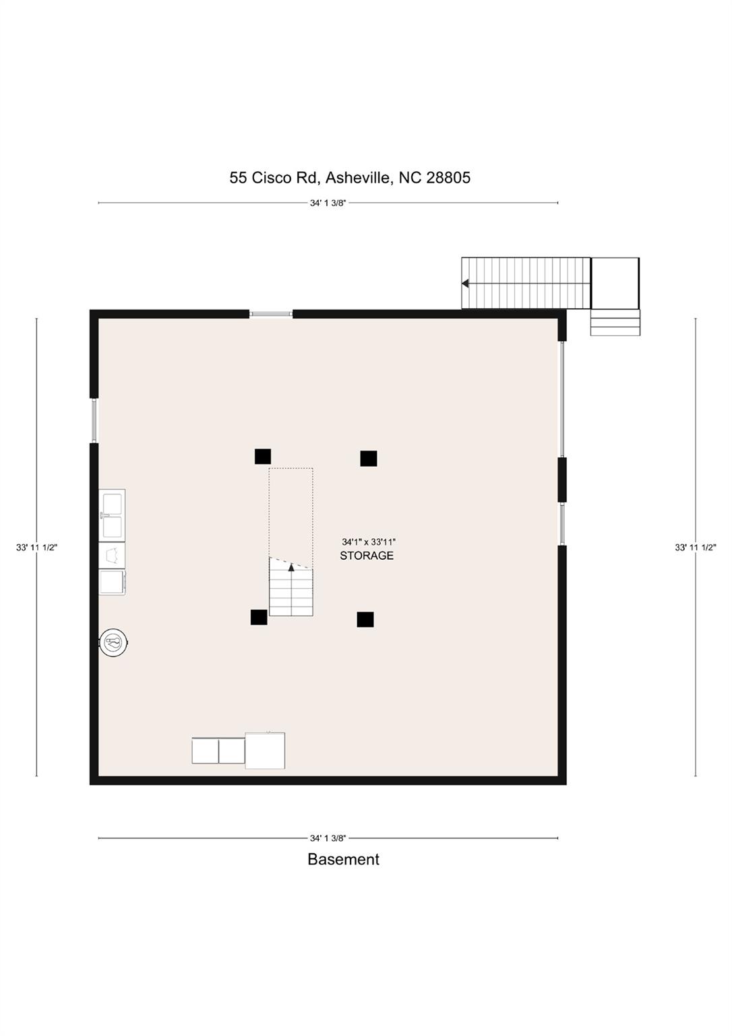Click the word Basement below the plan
tap(343, 859)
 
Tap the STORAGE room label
tap(367, 556)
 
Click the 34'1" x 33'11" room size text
tap(369, 542)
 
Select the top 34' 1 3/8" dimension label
tap(328, 203)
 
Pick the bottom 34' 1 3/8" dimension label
tap(328, 838)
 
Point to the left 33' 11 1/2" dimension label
tap(36, 548)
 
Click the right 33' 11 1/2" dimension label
tap(696, 548)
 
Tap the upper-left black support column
tap(263, 457)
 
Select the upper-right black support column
tap(369, 459)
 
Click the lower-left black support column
tap(259, 617)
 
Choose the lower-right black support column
tap(365, 620)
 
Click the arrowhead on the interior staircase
tap(291, 567)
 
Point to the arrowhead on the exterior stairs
tap(465, 283)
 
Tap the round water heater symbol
tap(113, 641)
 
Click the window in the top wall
tap(271, 314)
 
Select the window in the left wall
tap(94, 421)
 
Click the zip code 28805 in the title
tap(448, 178)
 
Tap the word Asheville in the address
tap(359, 178)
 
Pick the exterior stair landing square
tap(615, 283)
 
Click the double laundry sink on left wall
tap(112, 515)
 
